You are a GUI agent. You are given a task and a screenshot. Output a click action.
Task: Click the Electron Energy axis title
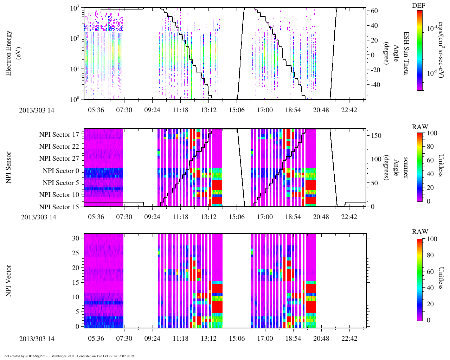tap(9, 53)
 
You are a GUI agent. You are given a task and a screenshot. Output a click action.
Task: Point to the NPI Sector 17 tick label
tap(59, 135)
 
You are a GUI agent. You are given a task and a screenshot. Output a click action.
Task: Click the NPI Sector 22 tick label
tap(59, 147)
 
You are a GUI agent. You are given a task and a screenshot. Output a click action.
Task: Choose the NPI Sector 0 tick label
tap(61, 171)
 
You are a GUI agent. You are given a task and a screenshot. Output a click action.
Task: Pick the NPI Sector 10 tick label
tap(59, 195)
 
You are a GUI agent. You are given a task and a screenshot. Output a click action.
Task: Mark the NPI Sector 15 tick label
tap(59, 207)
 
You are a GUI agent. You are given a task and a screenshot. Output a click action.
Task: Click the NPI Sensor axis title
tap(9, 167)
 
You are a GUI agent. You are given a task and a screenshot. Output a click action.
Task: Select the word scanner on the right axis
tap(405, 168)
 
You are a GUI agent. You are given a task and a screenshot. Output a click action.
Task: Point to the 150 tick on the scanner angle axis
tap(377, 136)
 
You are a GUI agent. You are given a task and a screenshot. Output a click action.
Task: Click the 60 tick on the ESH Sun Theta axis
tap(374, 11)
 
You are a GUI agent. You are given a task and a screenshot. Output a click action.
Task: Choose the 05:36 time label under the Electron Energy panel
tap(96, 110)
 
